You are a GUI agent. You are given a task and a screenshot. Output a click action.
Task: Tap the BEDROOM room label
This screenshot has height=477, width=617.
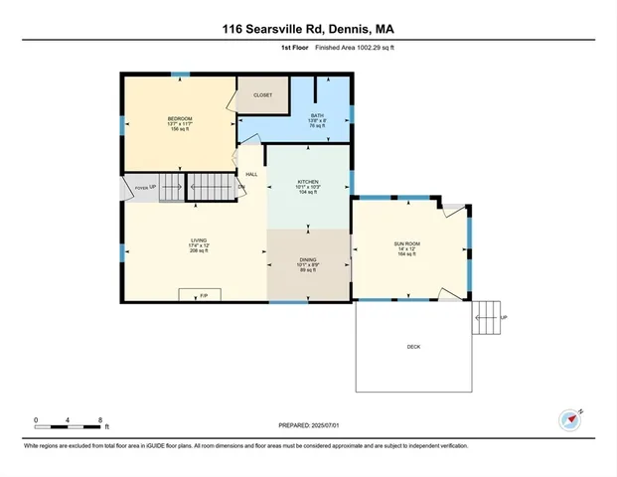(x=180, y=119)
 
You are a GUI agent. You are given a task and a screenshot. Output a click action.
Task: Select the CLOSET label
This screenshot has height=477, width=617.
(x=262, y=95)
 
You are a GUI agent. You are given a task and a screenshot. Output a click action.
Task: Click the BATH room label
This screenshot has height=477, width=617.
(x=318, y=116)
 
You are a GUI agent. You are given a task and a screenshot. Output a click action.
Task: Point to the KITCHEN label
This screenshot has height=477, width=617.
(x=307, y=182)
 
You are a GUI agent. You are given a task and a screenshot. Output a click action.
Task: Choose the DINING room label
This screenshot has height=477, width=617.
(x=308, y=259)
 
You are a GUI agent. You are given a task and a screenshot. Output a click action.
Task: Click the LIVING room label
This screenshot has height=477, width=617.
(x=199, y=239)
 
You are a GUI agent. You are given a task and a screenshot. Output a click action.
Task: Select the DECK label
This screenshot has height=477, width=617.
(x=413, y=347)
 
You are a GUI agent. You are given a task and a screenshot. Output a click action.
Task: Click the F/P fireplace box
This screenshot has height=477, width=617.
(x=203, y=295)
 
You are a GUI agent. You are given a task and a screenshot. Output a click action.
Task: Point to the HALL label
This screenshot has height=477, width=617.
(x=251, y=174)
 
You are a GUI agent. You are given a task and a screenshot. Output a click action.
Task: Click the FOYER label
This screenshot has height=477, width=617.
(x=141, y=187)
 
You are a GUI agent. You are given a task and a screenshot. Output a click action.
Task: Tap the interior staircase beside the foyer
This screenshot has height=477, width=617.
(x=211, y=186)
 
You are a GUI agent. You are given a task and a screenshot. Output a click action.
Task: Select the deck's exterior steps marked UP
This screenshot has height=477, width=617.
(x=487, y=318)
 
